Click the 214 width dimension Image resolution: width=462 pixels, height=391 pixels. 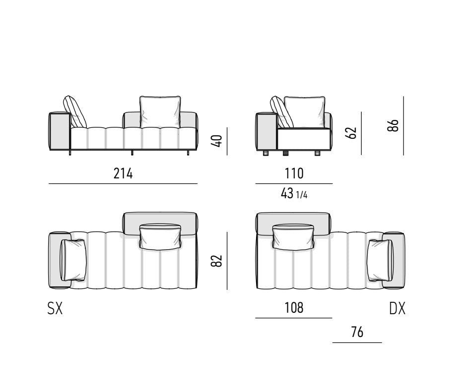[123, 173]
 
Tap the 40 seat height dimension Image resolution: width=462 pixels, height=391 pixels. [216, 141]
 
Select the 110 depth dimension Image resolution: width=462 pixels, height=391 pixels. [294, 173]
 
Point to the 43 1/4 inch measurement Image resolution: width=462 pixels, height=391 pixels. [294, 194]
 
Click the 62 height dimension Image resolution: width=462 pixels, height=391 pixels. [351, 133]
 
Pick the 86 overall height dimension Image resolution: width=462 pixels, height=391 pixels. [393, 126]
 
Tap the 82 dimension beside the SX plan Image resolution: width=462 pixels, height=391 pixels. [216, 261]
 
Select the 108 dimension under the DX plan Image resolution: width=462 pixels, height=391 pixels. [294, 308]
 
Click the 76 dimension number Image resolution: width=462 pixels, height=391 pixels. [357, 332]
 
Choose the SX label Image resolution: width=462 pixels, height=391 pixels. [55, 309]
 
